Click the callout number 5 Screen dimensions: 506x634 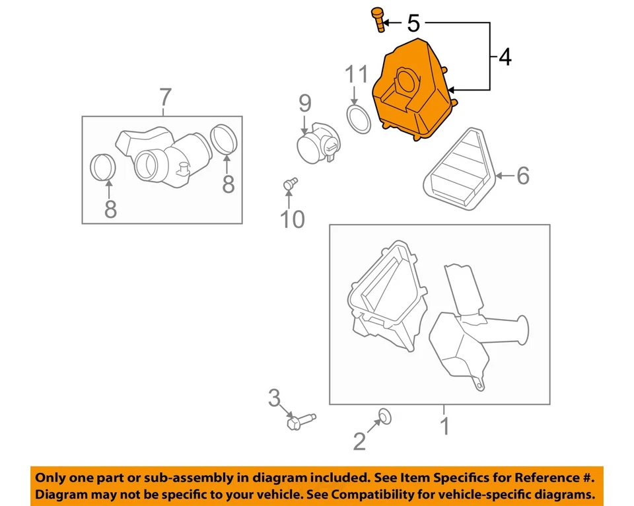[x=413, y=24]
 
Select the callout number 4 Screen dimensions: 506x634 [x=505, y=57]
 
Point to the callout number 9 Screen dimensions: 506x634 [x=304, y=102]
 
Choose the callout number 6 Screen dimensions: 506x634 [x=522, y=176]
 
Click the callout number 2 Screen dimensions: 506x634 [x=359, y=441]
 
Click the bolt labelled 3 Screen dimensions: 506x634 [x=299, y=419]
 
